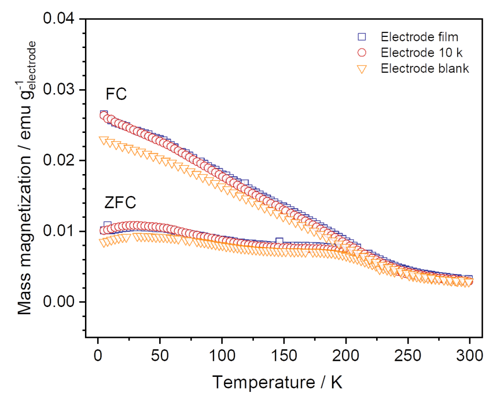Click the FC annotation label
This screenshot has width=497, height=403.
click(116, 94)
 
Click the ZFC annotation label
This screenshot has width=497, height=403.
click(120, 202)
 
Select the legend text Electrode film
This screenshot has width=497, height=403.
click(419, 37)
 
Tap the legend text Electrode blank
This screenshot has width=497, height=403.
click(425, 68)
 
